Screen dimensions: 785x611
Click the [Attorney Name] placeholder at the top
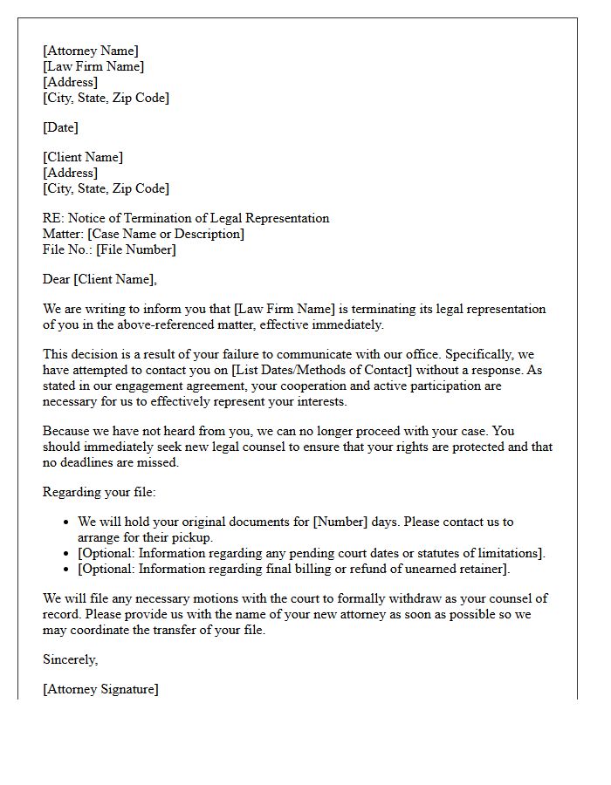click(x=90, y=51)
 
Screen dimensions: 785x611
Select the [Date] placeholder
click(x=60, y=128)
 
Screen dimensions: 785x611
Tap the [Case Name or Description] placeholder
click(x=166, y=235)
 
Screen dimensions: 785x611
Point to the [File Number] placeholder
click(x=135, y=250)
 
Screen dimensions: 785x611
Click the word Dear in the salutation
click(x=56, y=280)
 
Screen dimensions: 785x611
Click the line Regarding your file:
click(x=99, y=493)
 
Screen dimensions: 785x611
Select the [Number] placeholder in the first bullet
click(x=343, y=522)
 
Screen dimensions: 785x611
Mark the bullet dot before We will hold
click(x=67, y=522)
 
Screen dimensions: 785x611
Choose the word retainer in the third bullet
click(x=479, y=570)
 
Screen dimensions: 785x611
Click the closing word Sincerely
click(x=70, y=660)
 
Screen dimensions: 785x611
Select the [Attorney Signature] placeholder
click(x=100, y=690)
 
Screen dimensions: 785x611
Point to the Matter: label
click(x=63, y=235)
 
